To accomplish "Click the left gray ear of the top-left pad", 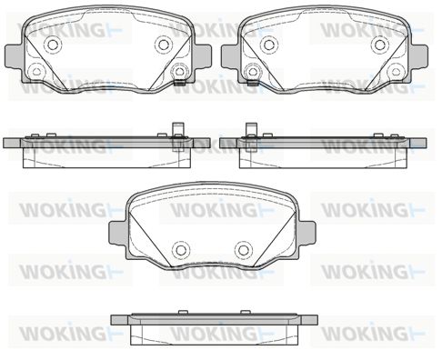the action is [14, 56].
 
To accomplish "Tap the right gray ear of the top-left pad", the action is [202, 56].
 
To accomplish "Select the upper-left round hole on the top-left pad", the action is [53, 45].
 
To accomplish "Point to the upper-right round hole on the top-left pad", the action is [164, 45].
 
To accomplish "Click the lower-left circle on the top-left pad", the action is [36, 72].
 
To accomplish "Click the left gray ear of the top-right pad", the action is [230, 56].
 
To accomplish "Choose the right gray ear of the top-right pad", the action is [418, 56].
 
